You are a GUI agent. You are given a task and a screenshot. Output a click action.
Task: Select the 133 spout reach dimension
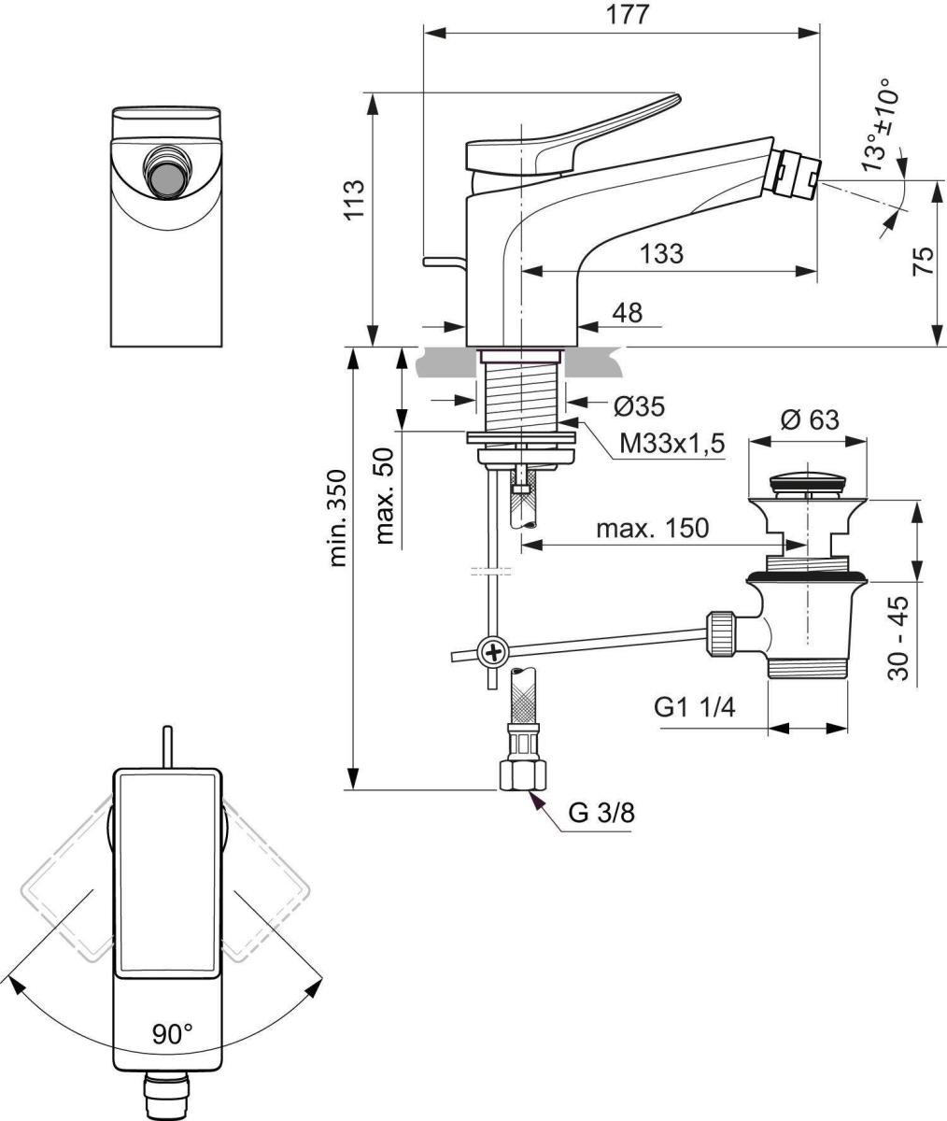pos(662,253)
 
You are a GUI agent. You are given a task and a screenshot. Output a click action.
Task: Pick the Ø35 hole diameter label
pos(639,406)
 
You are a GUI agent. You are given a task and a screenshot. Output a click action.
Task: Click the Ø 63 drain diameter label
pos(808,420)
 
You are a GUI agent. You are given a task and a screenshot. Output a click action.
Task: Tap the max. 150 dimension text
pos(652,529)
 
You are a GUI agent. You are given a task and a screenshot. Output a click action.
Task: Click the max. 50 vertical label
pos(386,495)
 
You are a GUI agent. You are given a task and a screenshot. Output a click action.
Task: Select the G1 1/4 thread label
pos(695,707)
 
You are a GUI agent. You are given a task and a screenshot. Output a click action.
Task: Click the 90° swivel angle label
pos(172,1033)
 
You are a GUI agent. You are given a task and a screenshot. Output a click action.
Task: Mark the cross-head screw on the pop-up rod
pos(491,651)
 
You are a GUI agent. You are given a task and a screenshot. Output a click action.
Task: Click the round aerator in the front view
pos(167,173)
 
